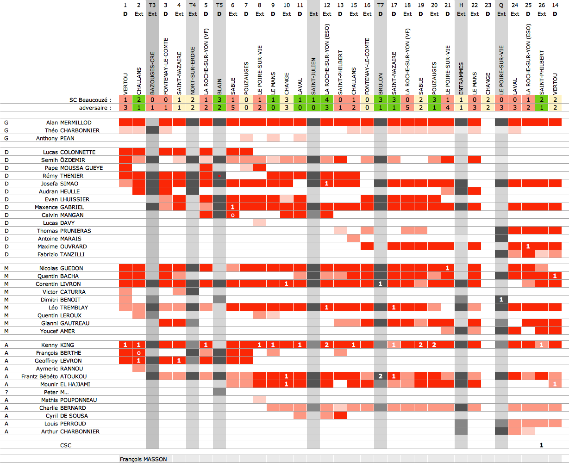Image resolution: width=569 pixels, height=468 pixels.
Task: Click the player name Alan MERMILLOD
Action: [x=69, y=123]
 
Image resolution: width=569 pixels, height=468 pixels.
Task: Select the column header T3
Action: [x=152, y=5]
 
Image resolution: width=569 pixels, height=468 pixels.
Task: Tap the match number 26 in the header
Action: [x=542, y=5]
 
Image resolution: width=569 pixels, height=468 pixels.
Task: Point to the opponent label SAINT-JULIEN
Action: [x=314, y=76]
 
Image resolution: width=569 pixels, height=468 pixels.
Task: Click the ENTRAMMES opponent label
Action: [x=461, y=79]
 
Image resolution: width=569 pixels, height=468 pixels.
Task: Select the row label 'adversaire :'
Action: [x=95, y=108]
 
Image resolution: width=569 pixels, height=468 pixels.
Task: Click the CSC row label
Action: [x=66, y=445]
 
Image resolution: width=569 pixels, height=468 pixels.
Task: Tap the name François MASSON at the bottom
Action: [x=143, y=459]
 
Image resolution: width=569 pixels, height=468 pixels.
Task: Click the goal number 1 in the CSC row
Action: [x=541, y=445]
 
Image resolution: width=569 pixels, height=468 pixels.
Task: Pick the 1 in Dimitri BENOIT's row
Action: [x=501, y=300]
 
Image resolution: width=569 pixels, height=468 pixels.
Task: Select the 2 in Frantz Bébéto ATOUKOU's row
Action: [x=381, y=376]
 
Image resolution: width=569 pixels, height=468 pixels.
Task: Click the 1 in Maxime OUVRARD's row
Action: [x=528, y=246]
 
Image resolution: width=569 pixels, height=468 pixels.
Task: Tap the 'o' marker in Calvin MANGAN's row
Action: [x=233, y=215]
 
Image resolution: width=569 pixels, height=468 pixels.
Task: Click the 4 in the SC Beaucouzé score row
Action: [x=327, y=100]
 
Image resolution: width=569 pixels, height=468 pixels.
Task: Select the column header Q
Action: [x=501, y=5]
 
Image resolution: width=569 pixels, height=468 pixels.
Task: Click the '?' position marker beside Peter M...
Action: [x=6, y=392]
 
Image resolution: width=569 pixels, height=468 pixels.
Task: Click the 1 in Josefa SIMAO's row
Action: [x=327, y=184]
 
